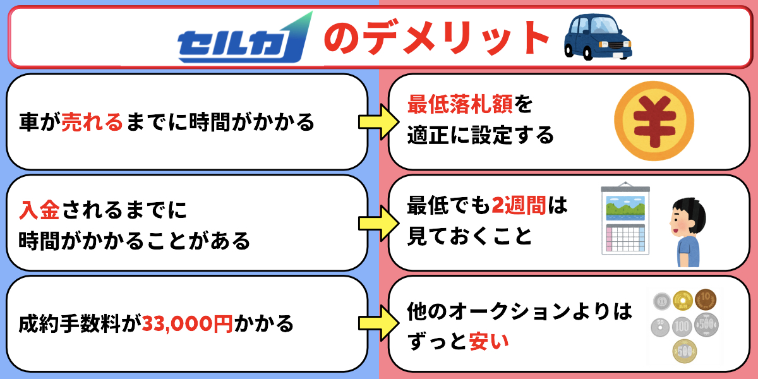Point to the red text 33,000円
(x=187, y=324)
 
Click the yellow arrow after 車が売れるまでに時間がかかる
(x=373, y=122)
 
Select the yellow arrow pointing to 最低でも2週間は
(x=373, y=223)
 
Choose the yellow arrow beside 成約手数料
(x=373, y=324)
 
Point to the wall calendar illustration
(x=625, y=220)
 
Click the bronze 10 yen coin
(x=706, y=298)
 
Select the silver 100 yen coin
(x=682, y=327)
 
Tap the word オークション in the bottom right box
(x=505, y=311)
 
